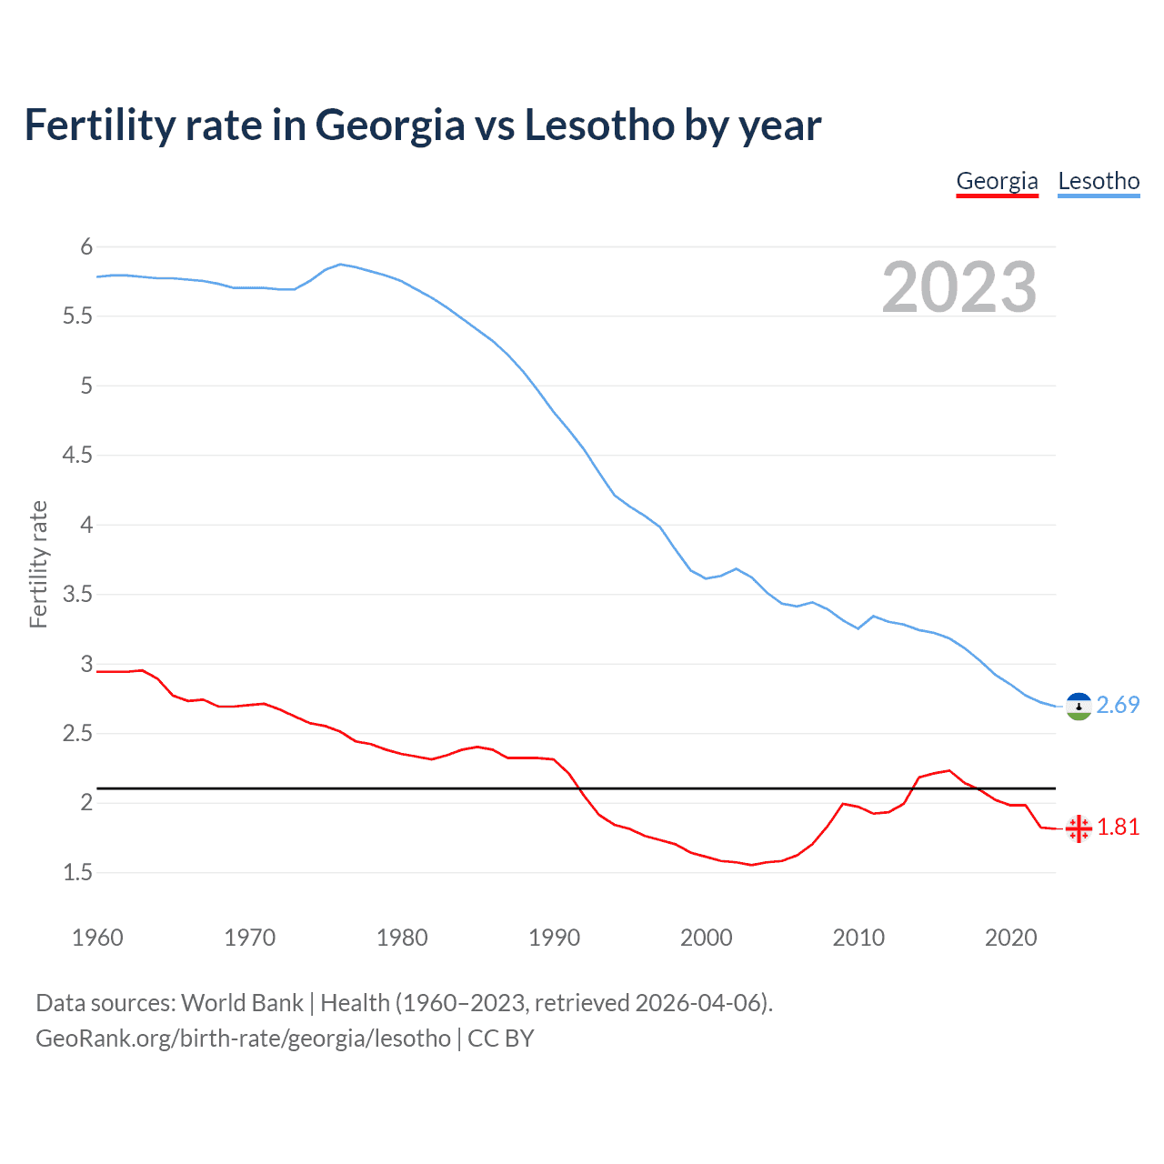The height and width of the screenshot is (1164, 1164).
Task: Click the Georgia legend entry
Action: [997, 181]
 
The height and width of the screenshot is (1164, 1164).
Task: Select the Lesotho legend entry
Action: [1099, 181]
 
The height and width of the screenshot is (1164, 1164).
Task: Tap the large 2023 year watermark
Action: [959, 287]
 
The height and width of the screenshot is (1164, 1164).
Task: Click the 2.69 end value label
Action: [1118, 706]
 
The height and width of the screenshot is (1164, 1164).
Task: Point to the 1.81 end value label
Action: [1118, 828]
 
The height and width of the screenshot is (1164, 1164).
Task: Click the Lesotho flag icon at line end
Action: [1079, 707]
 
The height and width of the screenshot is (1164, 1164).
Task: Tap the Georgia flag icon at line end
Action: [1079, 828]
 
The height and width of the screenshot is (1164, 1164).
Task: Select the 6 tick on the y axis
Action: [86, 246]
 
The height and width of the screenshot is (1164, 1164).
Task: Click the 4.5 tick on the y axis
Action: [77, 455]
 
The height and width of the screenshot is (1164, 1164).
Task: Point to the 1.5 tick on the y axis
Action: [77, 873]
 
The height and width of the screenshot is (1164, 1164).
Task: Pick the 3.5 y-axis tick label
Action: [77, 595]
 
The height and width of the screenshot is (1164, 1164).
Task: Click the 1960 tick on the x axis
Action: [97, 938]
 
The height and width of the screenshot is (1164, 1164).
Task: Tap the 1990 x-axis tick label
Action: [554, 938]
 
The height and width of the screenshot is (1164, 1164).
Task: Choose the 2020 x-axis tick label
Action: [1010, 938]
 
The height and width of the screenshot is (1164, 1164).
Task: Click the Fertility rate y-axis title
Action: [38, 564]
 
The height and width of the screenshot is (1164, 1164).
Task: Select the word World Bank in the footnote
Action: [242, 1003]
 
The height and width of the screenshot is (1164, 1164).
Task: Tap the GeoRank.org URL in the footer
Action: [243, 1039]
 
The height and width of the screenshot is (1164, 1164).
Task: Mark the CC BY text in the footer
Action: [501, 1039]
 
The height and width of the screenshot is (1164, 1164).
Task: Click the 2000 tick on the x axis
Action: [706, 938]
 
